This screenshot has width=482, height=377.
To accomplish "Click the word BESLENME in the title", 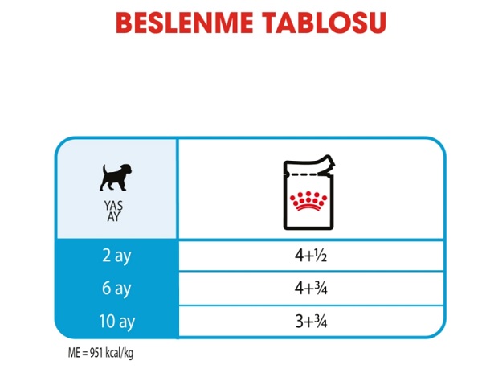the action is (x=185, y=23).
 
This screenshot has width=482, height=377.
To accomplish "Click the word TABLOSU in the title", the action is (x=324, y=23).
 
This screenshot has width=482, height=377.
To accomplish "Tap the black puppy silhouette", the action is (x=116, y=178).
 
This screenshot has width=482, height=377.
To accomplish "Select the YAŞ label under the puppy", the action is (x=113, y=206).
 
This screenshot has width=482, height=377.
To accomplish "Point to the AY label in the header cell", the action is (x=113, y=217).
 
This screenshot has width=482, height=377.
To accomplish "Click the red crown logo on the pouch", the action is (x=308, y=202).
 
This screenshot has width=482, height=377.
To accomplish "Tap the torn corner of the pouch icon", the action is (x=327, y=165).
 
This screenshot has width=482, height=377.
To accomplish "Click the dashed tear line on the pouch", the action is (x=302, y=174).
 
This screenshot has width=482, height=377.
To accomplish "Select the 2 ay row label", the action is (x=116, y=256).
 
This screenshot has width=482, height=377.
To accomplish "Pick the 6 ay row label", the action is (x=116, y=289).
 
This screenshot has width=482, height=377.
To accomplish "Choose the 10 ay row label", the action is (x=116, y=322).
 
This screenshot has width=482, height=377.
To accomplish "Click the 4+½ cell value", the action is (x=311, y=256).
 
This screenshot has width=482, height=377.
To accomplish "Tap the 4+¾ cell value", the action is (x=311, y=289).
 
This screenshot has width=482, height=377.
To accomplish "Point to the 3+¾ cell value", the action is (x=311, y=322).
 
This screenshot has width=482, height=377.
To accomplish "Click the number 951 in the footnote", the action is (x=96, y=353).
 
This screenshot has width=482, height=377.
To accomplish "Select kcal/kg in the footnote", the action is (x=120, y=354).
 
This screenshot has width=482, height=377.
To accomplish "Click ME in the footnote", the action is (x=74, y=353).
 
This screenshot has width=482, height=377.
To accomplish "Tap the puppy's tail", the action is (x=104, y=170).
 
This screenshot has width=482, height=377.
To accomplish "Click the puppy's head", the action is (x=126, y=170).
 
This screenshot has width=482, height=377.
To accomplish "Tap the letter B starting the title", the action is (x=125, y=23).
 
